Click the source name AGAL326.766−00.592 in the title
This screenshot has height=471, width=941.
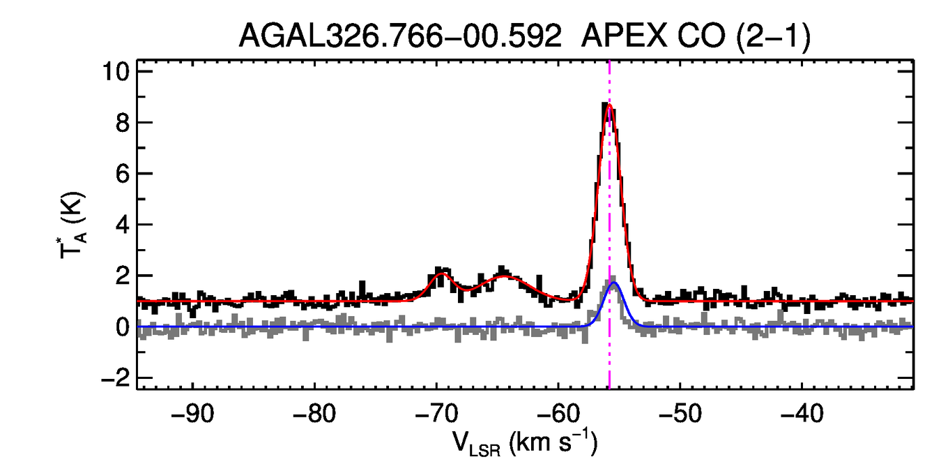[x=400, y=36]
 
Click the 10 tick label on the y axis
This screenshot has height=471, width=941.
[x=116, y=72]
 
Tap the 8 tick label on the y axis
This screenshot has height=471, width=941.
[x=123, y=123]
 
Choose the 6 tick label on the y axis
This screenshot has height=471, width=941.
[x=123, y=174]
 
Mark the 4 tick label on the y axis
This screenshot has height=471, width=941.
[x=123, y=225]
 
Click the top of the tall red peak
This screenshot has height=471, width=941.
[x=610, y=106]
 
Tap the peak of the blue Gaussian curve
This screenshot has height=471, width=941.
[x=614, y=283]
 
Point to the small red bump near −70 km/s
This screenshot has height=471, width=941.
[x=441, y=274]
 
